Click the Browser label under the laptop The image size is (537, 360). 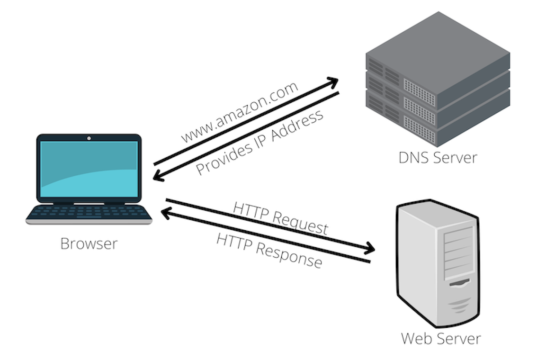89,243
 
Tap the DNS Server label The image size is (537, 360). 437,157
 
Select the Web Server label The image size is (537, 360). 440,339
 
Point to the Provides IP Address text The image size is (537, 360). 260,142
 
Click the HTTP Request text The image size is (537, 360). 280,218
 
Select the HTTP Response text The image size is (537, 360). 269,250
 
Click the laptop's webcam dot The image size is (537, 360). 89,138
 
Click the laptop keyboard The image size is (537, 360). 89,213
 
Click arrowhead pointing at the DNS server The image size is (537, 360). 333,81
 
